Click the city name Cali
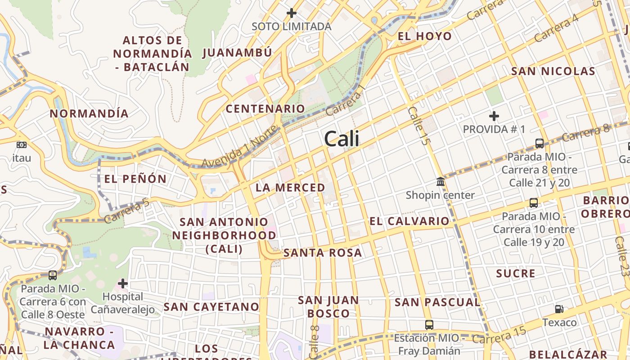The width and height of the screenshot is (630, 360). point(342,139)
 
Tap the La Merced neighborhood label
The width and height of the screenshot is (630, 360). point(290,188)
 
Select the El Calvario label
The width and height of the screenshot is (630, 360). point(409,221)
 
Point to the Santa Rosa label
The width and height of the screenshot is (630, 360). point(323,253)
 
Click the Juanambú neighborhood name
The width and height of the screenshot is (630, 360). point(237,53)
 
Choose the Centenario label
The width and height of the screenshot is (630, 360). point(265,108)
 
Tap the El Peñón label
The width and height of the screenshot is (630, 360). point(135,179)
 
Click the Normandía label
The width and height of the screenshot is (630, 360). point(89,113)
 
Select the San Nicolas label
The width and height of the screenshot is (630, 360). point(553,71)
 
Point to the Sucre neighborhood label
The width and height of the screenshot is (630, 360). point(516,274)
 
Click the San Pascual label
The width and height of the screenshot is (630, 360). point(437,302)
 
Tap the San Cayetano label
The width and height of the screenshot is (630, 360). point(211,307)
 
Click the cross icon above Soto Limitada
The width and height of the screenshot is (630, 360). point(292,13)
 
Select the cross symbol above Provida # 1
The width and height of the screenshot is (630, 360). point(494,116)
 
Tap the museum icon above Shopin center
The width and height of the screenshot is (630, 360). point(441,182)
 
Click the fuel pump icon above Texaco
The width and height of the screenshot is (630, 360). point(559,309)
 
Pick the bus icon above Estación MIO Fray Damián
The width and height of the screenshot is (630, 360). point(429,324)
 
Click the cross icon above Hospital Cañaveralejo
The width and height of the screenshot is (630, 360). point(122,283)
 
